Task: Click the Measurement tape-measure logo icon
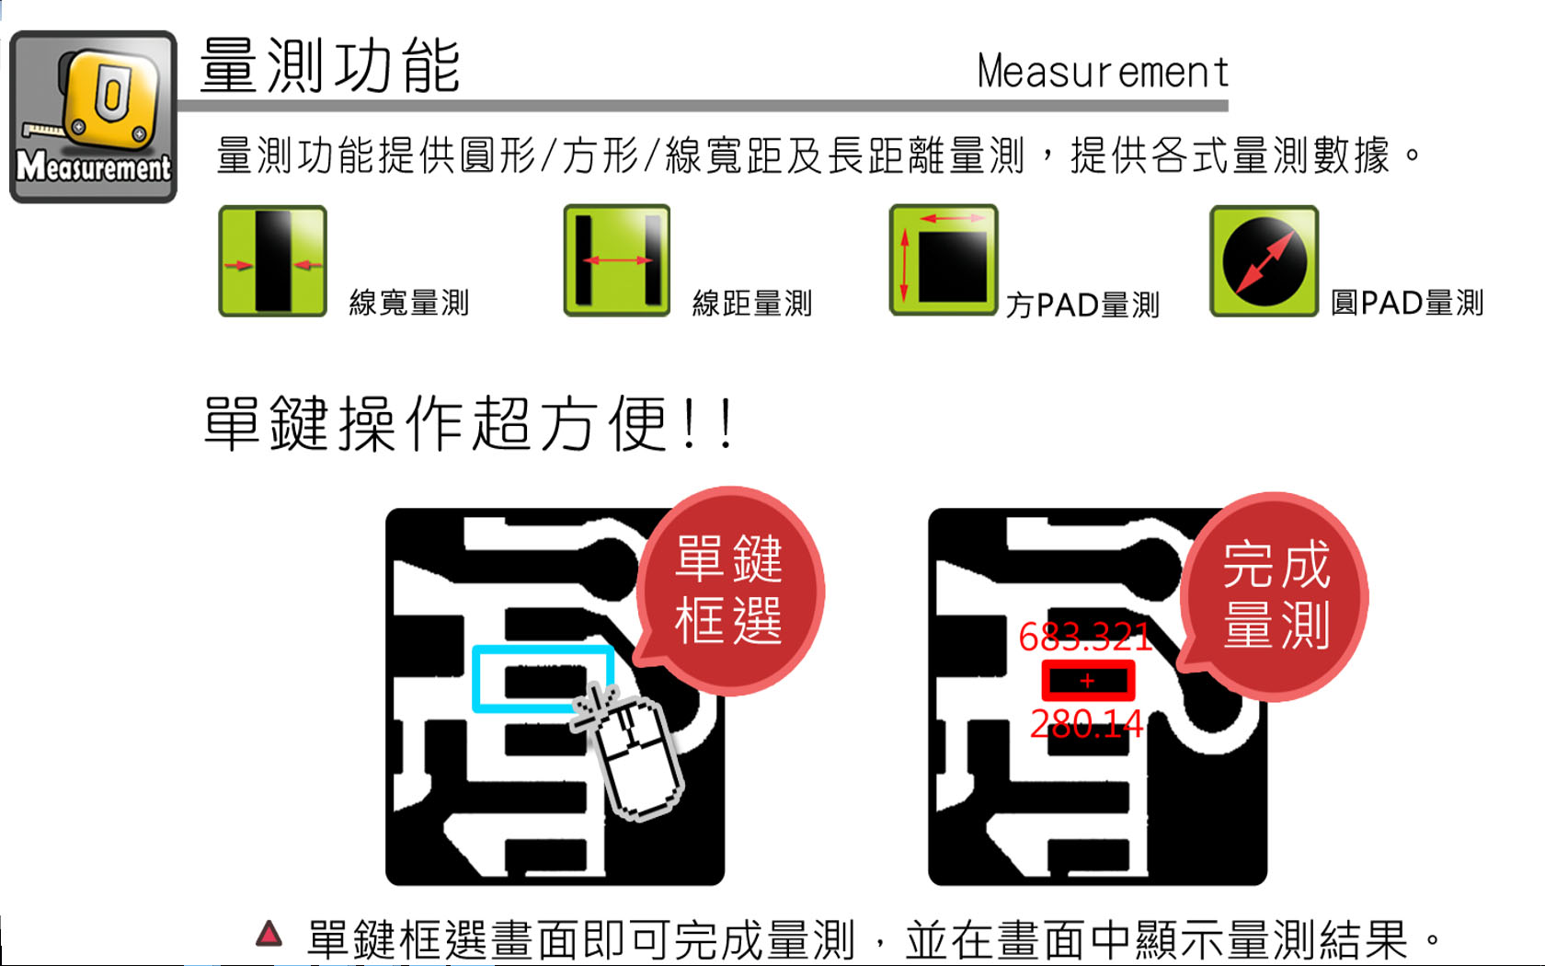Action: [x=93, y=117]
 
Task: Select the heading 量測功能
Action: [x=330, y=65]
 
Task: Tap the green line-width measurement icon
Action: [x=272, y=261]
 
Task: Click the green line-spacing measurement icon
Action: [x=616, y=260]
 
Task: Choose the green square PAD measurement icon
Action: [x=944, y=259]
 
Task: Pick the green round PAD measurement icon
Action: [x=1265, y=261]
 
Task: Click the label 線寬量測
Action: [x=409, y=302]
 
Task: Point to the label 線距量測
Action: [x=752, y=303]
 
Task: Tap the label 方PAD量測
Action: [x=1082, y=305]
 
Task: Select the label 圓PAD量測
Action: [x=1407, y=302]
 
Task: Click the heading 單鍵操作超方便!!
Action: [x=468, y=423]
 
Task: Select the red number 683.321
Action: [x=1085, y=637]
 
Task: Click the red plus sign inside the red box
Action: [x=1088, y=681]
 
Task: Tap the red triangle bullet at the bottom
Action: [x=269, y=935]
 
